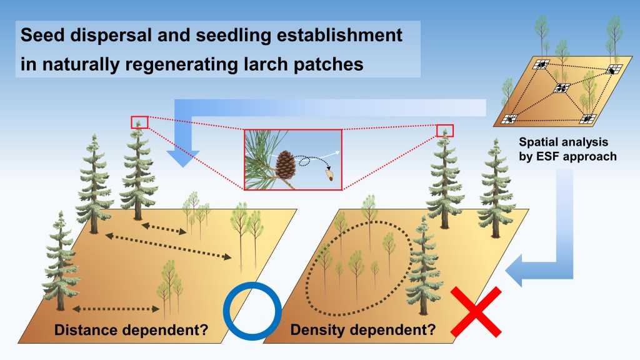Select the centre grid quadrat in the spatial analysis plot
click(x=561, y=88)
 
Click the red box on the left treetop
click(x=139, y=122)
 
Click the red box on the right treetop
click(x=445, y=130)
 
